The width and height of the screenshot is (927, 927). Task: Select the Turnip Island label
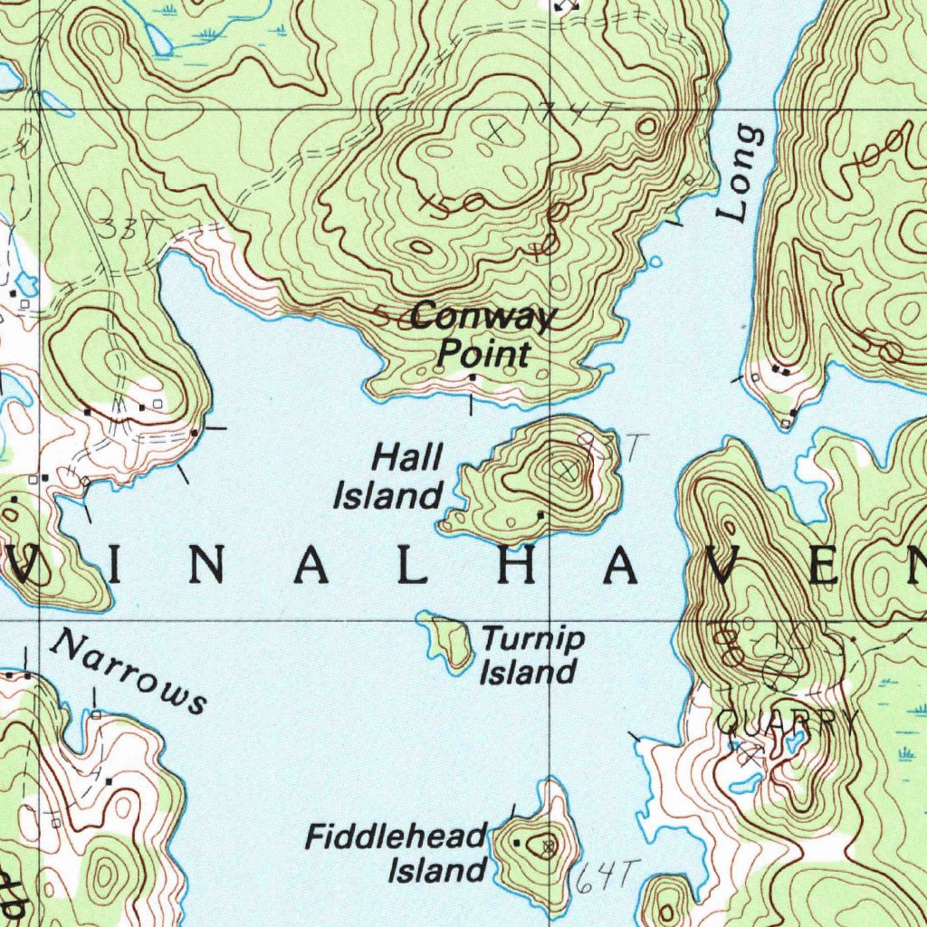531,655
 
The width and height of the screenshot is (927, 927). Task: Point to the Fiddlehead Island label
397,853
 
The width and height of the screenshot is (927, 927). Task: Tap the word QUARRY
786,721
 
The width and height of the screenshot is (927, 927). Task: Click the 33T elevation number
123,229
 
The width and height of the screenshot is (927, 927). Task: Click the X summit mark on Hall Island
567,469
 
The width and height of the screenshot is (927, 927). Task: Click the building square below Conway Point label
471,377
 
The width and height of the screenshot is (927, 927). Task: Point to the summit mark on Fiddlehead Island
547,847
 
